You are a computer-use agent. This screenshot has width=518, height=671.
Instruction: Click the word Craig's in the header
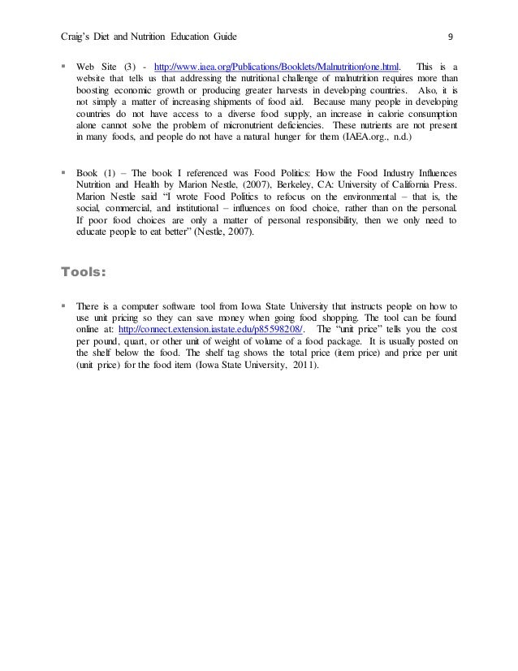point(79,37)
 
